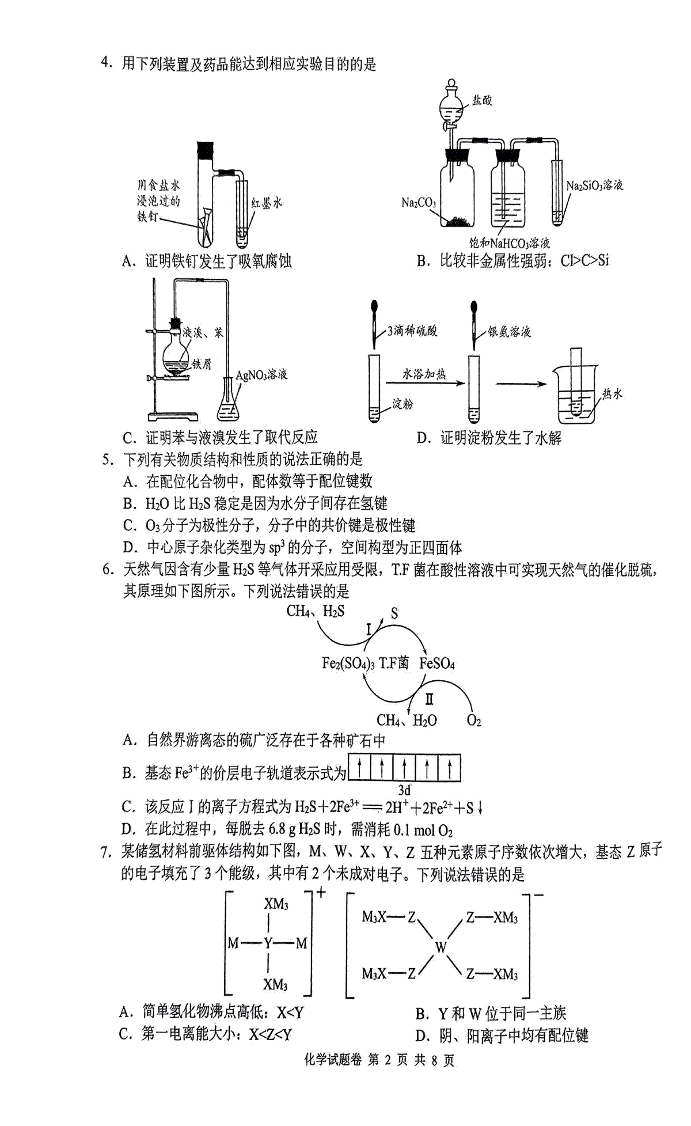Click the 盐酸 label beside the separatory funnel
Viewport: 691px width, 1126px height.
pyautogui.click(x=483, y=100)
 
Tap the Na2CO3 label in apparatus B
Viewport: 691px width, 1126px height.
pyautogui.click(x=419, y=203)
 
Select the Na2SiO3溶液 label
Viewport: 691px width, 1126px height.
pyautogui.click(x=595, y=185)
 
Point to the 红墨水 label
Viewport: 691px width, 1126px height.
pyautogui.click(x=267, y=202)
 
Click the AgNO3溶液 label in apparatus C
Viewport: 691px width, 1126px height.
pyautogui.click(x=261, y=375)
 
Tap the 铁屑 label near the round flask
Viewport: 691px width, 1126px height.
pyautogui.click(x=202, y=364)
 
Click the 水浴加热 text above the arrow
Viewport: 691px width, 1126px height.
pyautogui.click(x=424, y=374)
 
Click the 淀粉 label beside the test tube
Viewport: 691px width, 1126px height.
pyautogui.click(x=403, y=404)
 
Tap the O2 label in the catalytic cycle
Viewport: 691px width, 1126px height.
pyautogui.click(x=474, y=721)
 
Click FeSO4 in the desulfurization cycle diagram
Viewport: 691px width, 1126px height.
pyautogui.click(x=437, y=664)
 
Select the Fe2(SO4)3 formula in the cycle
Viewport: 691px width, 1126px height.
pyautogui.click(x=348, y=664)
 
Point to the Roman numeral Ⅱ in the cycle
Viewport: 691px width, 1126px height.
pyautogui.click(x=429, y=700)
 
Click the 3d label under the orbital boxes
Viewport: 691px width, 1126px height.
pyautogui.click(x=405, y=790)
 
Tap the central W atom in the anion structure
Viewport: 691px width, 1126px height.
pyautogui.click(x=441, y=947)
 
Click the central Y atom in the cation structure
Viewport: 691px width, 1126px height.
pyautogui.click(x=268, y=943)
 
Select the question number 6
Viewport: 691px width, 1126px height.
pyautogui.click(x=107, y=570)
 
